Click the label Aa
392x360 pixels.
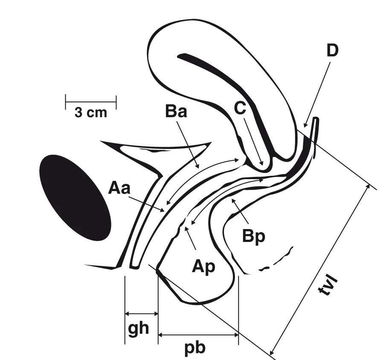coord(119,188)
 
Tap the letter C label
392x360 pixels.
coord(240,109)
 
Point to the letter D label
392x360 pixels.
coord(332,50)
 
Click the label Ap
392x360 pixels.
coord(203,267)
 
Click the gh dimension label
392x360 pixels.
coord(138,329)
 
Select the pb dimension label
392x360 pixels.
coord(195,348)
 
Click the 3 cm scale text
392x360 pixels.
coord(90,113)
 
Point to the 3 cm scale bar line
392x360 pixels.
coord(91,102)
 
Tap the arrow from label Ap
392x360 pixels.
coord(191,238)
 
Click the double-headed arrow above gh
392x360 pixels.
coord(141,314)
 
